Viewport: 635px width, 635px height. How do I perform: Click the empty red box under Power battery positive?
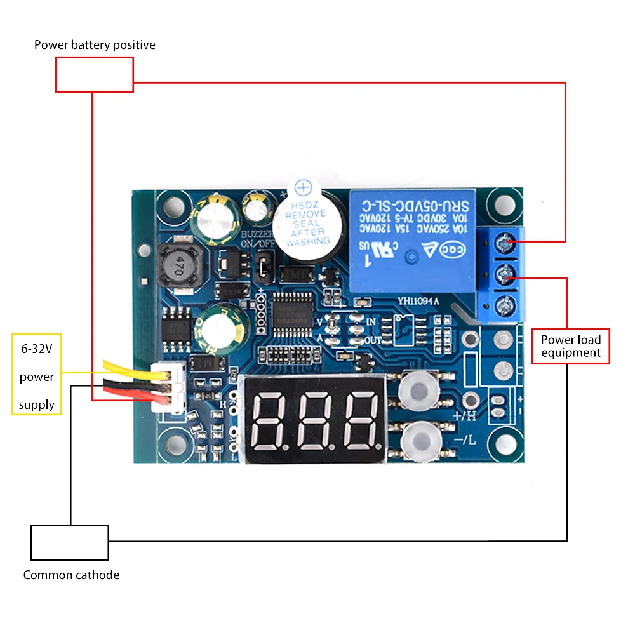point(95,74)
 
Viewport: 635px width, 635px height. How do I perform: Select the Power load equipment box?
point(570,346)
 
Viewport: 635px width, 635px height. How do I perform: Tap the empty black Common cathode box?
point(70,542)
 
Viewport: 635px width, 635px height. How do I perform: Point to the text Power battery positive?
point(95,45)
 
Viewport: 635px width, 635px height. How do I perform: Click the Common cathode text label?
point(71,575)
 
